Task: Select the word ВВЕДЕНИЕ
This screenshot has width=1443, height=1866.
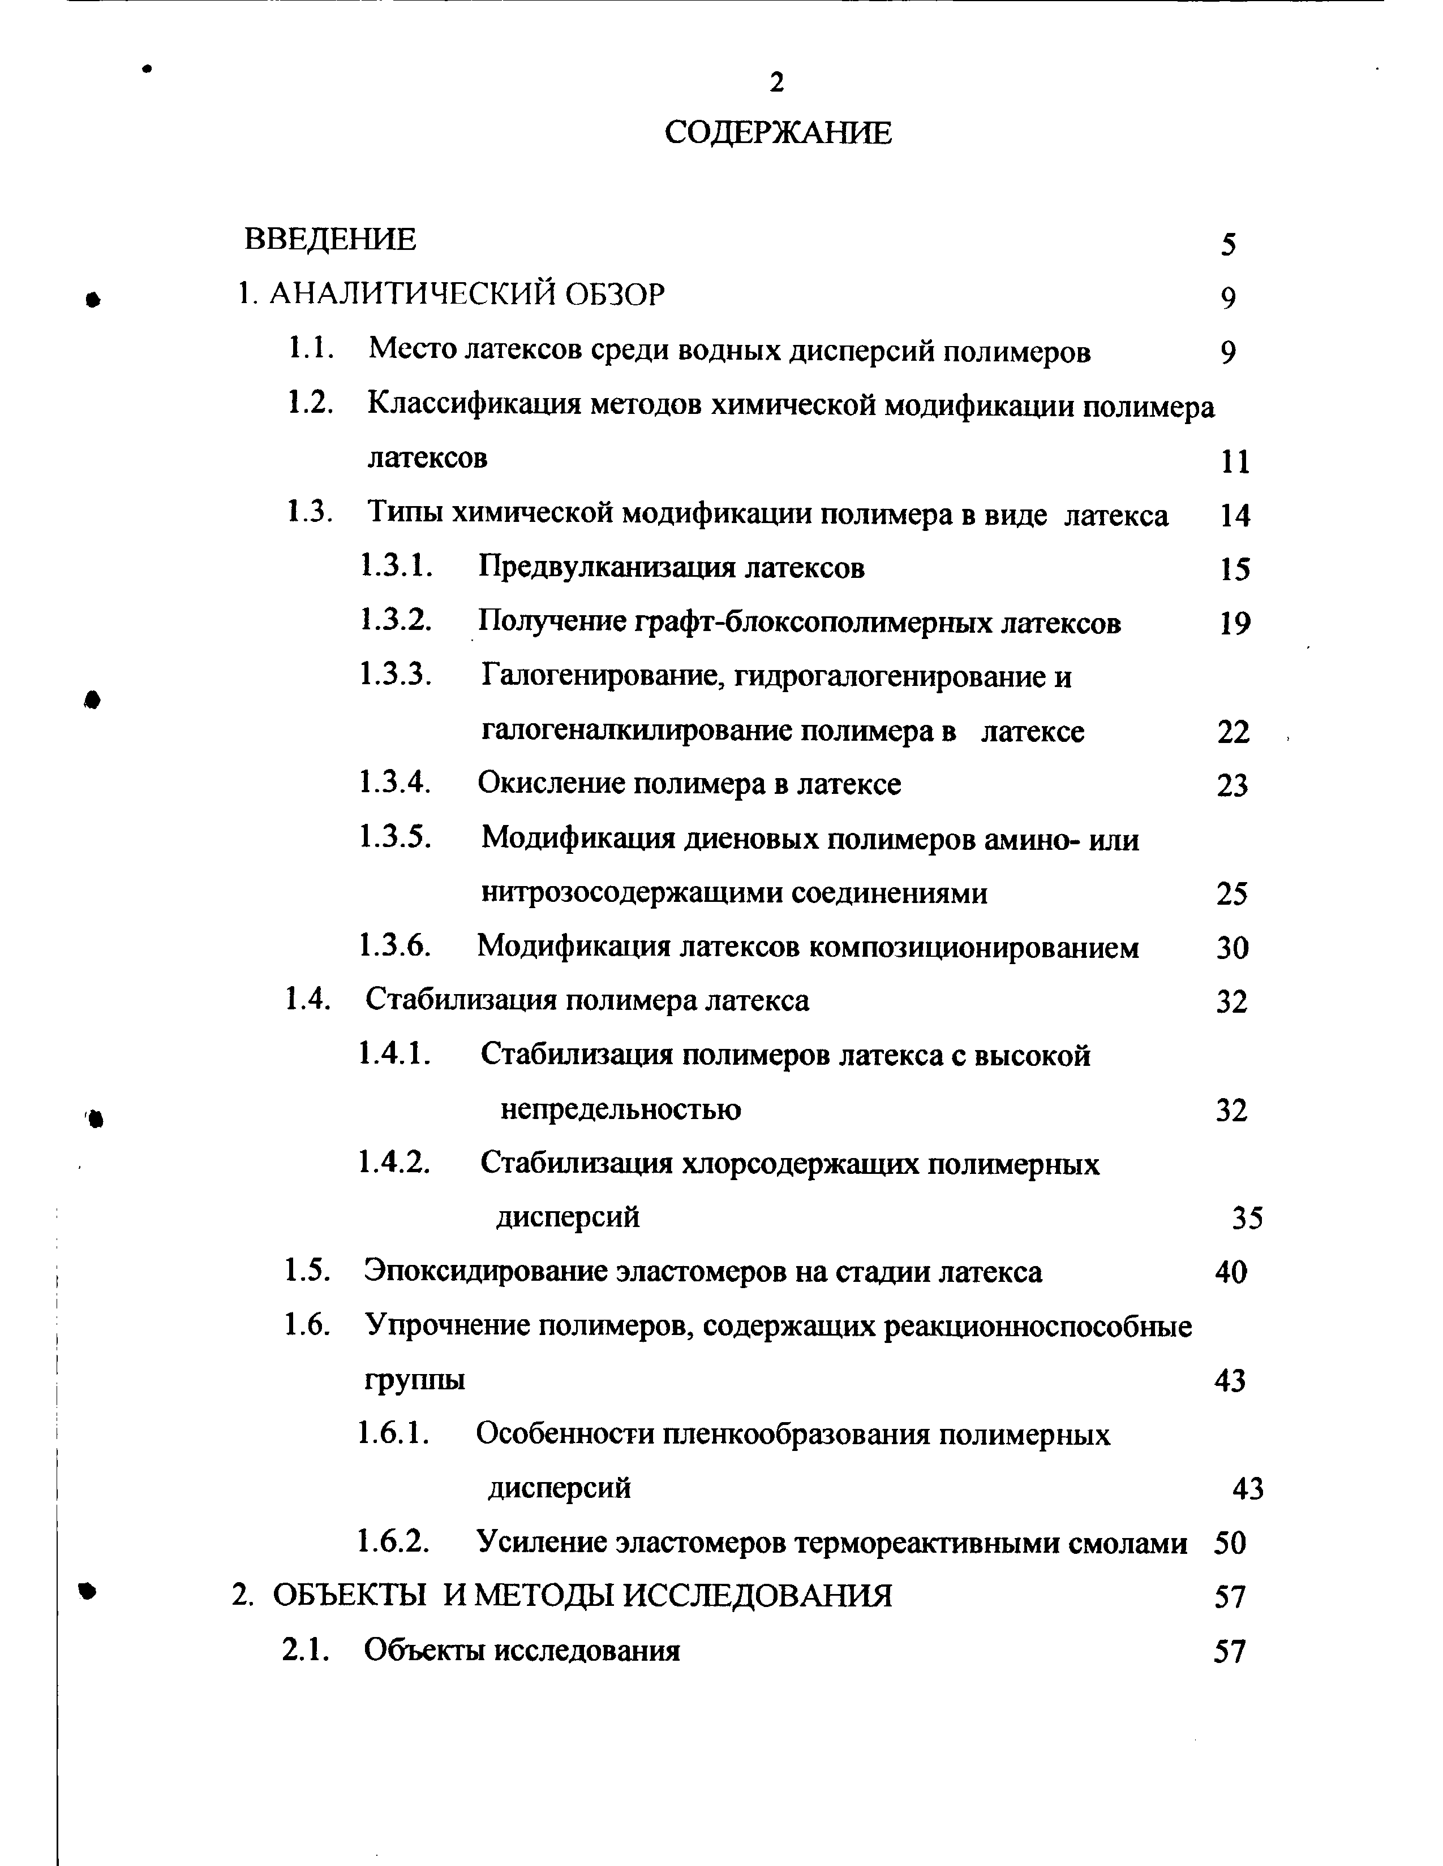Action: (330, 239)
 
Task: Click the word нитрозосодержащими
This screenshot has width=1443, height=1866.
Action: (631, 893)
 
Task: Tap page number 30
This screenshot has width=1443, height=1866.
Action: (1232, 948)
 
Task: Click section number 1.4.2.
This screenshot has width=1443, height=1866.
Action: (394, 1162)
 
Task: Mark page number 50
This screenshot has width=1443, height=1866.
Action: (1230, 1543)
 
